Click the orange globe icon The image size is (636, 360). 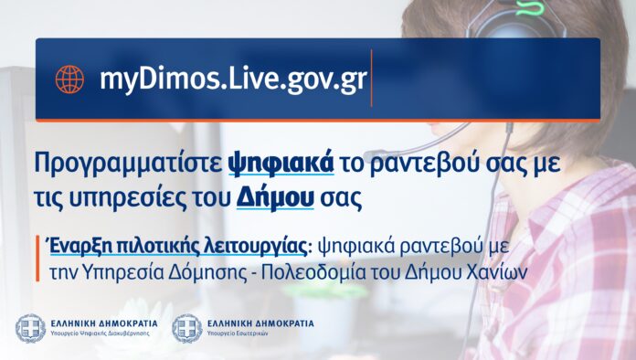[x=69, y=79]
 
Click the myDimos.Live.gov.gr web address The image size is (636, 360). [x=233, y=79]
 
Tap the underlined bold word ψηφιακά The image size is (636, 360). [x=281, y=163]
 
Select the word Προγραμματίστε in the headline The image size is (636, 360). [x=128, y=164]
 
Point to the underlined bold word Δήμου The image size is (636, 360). [x=275, y=197]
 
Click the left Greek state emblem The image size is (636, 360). [x=30, y=328]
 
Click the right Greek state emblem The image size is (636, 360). [x=187, y=328]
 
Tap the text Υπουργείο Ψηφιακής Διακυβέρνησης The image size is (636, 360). [x=101, y=334]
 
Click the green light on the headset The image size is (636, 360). [x=529, y=7]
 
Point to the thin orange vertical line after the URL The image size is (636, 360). [x=372, y=78]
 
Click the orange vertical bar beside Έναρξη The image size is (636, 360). [x=37, y=259]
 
